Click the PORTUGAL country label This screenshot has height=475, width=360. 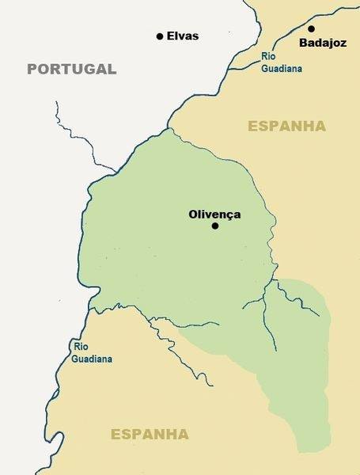pyautogui.click(x=71, y=69)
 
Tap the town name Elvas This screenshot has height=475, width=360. pyautogui.click(x=182, y=36)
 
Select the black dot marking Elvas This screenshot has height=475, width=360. pyautogui.click(x=160, y=36)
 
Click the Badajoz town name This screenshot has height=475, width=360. pyautogui.click(x=323, y=44)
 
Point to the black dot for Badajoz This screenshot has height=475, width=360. pyautogui.click(x=311, y=29)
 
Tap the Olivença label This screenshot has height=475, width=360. pyautogui.click(x=214, y=214)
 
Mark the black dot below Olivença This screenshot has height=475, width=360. pyautogui.click(x=214, y=226)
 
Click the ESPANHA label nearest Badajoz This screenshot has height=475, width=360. pyautogui.click(x=286, y=126)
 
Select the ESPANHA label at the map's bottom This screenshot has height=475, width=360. pyautogui.click(x=150, y=434)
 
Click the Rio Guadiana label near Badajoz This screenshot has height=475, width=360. pyautogui.click(x=280, y=62)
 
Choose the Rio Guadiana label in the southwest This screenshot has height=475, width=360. pyautogui.click(x=92, y=352)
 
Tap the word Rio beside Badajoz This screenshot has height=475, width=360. pyautogui.click(x=270, y=56)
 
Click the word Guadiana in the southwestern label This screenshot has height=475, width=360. pyautogui.click(x=92, y=359)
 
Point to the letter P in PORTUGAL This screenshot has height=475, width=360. pyautogui.click(x=32, y=69)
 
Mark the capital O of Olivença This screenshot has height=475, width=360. pyautogui.click(x=193, y=214)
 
